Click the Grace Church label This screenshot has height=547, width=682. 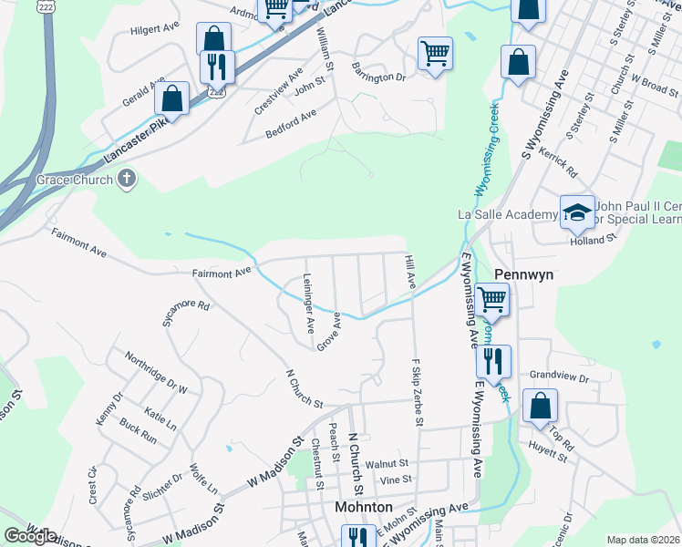74,180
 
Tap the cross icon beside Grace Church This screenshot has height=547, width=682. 128,180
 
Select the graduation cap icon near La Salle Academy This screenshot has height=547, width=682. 576,212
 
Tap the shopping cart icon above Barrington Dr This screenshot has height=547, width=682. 435,52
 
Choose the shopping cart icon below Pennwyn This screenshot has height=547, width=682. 491,297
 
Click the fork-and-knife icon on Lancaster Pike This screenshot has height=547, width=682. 217,66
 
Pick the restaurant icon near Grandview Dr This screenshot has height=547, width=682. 493,360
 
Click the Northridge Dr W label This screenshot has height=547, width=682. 156,373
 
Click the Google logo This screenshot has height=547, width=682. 29,536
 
